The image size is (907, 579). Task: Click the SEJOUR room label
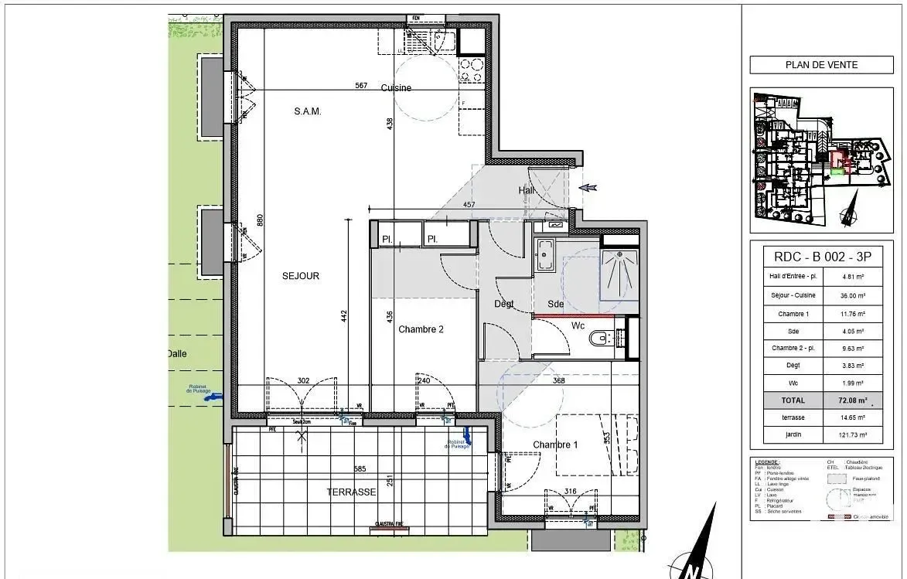(302, 276)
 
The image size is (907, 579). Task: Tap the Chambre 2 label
(421, 329)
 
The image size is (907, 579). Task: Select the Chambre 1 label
(554, 444)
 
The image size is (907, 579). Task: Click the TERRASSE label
(350, 492)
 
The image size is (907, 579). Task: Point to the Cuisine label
(396, 88)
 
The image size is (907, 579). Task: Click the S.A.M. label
(307, 111)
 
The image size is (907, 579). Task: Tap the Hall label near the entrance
(526, 191)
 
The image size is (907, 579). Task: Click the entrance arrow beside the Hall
(588, 187)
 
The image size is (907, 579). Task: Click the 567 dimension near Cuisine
(361, 86)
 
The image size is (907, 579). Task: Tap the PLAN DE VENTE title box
(821, 65)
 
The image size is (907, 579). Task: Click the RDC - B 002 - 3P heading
(821, 257)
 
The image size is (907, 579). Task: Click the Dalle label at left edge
(177, 354)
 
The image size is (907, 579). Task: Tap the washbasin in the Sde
(545, 254)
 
